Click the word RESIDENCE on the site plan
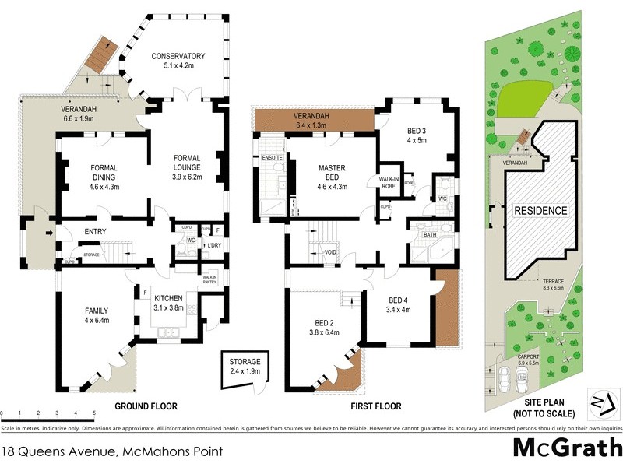tap(540, 210)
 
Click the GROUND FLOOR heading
tap(146, 406)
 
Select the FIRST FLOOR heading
tap(375, 406)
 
